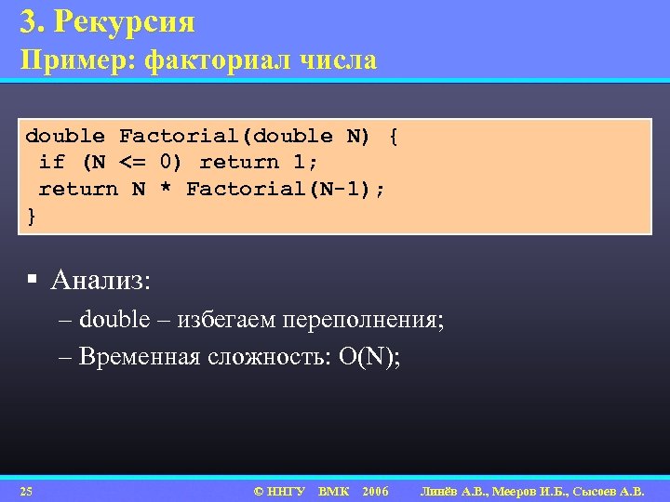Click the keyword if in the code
(51, 163)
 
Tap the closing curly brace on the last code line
(32, 216)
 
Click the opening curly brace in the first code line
(394, 137)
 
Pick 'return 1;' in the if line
(252, 163)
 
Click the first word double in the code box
(64, 137)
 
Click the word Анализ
(100, 279)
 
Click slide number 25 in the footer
(26, 491)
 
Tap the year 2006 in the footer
(375, 491)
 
